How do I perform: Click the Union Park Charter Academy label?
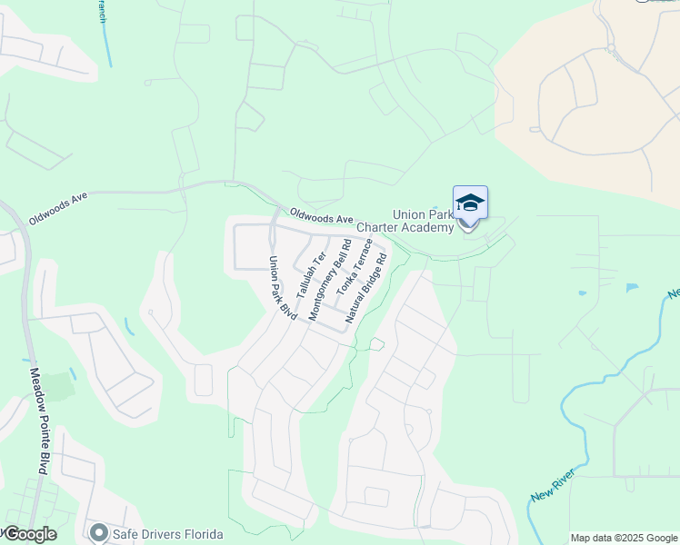pyautogui.click(x=405, y=221)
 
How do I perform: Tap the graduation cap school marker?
pyautogui.click(x=470, y=203)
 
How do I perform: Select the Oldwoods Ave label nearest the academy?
pyautogui.click(x=321, y=219)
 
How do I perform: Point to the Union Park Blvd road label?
pyautogui.click(x=282, y=288)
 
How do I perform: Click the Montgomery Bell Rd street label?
pyautogui.click(x=329, y=280)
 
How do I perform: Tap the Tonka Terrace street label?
pyautogui.click(x=355, y=266)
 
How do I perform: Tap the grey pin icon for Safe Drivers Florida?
pyautogui.click(x=97, y=532)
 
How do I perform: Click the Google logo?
pyautogui.click(x=29, y=534)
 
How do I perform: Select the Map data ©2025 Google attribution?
pyautogui.click(x=623, y=538)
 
